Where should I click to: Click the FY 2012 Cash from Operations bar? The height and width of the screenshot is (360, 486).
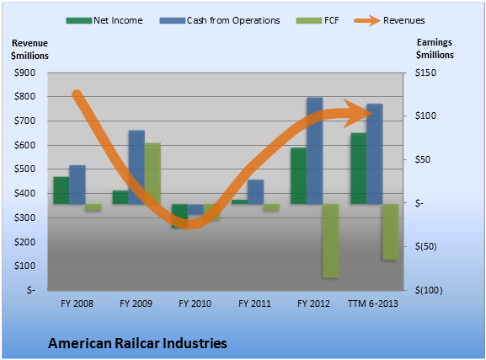tap(315, 151)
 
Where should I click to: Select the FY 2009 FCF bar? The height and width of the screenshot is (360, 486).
tap(152, 174)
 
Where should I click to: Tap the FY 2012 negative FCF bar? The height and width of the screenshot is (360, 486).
tap(331, 241)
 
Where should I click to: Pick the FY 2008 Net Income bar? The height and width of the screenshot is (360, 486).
tap(61, 191)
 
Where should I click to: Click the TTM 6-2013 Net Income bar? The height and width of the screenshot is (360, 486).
tap(359, 169)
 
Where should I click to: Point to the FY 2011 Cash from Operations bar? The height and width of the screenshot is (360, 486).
tap(256, 191)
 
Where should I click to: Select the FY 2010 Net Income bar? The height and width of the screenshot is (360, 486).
tap(179, 216)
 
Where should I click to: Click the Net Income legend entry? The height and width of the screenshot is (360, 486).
tap(104, 20)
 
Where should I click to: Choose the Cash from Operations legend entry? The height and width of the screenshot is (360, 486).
tap(220, 20)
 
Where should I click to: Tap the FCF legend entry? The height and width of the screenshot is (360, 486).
tap(318, 20)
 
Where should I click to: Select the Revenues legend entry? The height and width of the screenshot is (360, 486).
tap(390, 20)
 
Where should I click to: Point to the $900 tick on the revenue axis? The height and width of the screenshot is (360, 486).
tap(24, 73)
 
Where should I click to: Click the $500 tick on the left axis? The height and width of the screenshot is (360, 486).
tap(24, 169)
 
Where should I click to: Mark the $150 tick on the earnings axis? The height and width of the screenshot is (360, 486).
tap(425, 73)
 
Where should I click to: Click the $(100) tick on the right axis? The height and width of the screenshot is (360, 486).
tap(429, 291)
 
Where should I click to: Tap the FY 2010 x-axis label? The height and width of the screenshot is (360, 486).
tap(195, 304)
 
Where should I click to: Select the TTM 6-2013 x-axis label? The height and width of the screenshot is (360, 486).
tap(373, 304)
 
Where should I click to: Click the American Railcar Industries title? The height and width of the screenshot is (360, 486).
tap(137, 343)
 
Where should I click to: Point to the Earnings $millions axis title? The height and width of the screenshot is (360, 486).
tap(435, 48)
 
